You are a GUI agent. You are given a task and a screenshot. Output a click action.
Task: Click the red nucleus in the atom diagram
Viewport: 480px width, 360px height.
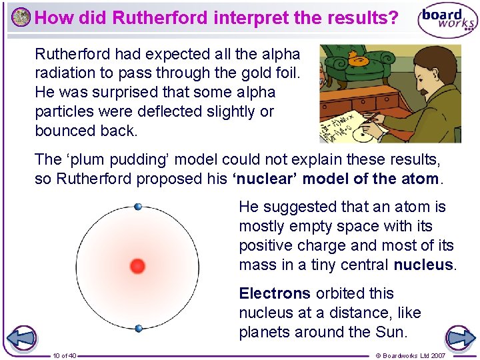click(137, 267)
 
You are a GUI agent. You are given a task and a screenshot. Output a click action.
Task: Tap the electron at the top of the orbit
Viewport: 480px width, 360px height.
click(138, 207)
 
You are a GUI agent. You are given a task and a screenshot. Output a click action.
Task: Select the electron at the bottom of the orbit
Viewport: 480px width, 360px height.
click(138, 328)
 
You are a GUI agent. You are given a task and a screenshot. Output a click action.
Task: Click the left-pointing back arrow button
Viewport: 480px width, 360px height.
click(23, 338)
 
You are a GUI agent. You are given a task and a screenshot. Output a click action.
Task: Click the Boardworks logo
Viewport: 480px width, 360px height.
click(447, 20)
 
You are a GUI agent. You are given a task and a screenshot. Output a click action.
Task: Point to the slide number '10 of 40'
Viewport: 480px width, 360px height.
click(64, 355)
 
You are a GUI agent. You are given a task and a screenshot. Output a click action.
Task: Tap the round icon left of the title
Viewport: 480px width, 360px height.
click(21, 17)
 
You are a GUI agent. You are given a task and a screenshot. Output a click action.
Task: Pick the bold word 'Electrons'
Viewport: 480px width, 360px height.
click(275, 293)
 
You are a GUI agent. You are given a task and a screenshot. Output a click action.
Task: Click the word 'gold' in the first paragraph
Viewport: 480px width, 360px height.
click(241, 73)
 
